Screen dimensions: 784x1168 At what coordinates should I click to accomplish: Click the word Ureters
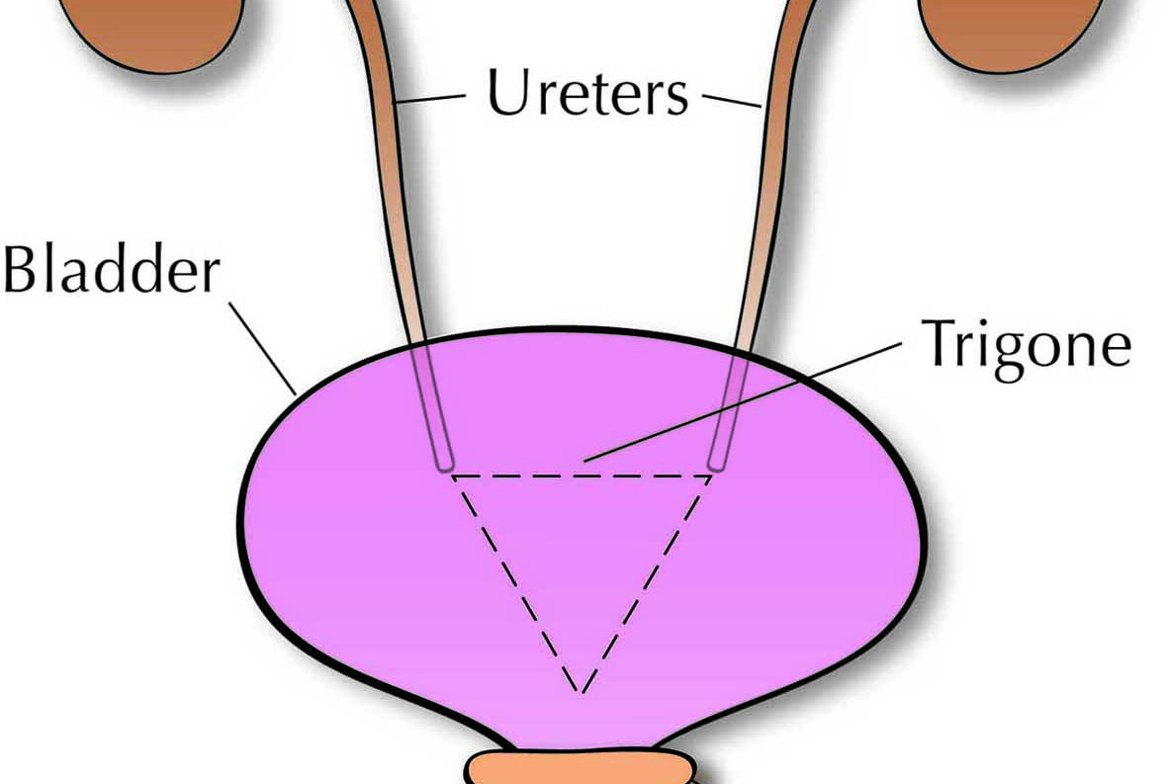click(x=587, y=93)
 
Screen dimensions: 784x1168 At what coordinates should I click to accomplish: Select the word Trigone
click(x=1026, y=345)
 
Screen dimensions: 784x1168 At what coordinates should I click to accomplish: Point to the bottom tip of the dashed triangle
click(x=582, y=689)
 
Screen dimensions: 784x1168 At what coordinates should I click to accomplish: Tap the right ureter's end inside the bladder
click(x=719, y=460)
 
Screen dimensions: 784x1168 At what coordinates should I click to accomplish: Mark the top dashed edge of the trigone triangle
click(x=582, y=476)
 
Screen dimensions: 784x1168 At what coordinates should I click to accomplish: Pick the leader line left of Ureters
click(x=430, y=99)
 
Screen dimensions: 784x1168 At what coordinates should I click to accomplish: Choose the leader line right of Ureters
click(x=732, y=99)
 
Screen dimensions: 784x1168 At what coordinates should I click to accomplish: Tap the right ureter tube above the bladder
click(x=771, y=198)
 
